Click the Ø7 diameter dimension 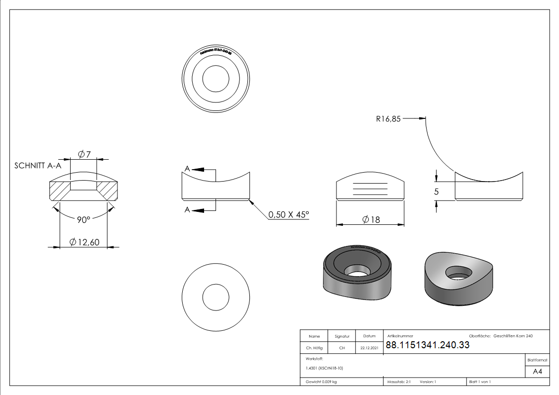pos(84,154)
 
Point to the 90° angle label pos(83,220)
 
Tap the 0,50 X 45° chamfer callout pos(289,215)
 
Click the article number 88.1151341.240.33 pos(428,345)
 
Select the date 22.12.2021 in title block pos(369,348)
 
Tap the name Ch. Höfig pos(314,348)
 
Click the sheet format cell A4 pos(537,372)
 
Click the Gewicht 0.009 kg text pos(322,382)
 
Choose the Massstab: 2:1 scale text pos(398,382)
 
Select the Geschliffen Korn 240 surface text pos(513,336)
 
